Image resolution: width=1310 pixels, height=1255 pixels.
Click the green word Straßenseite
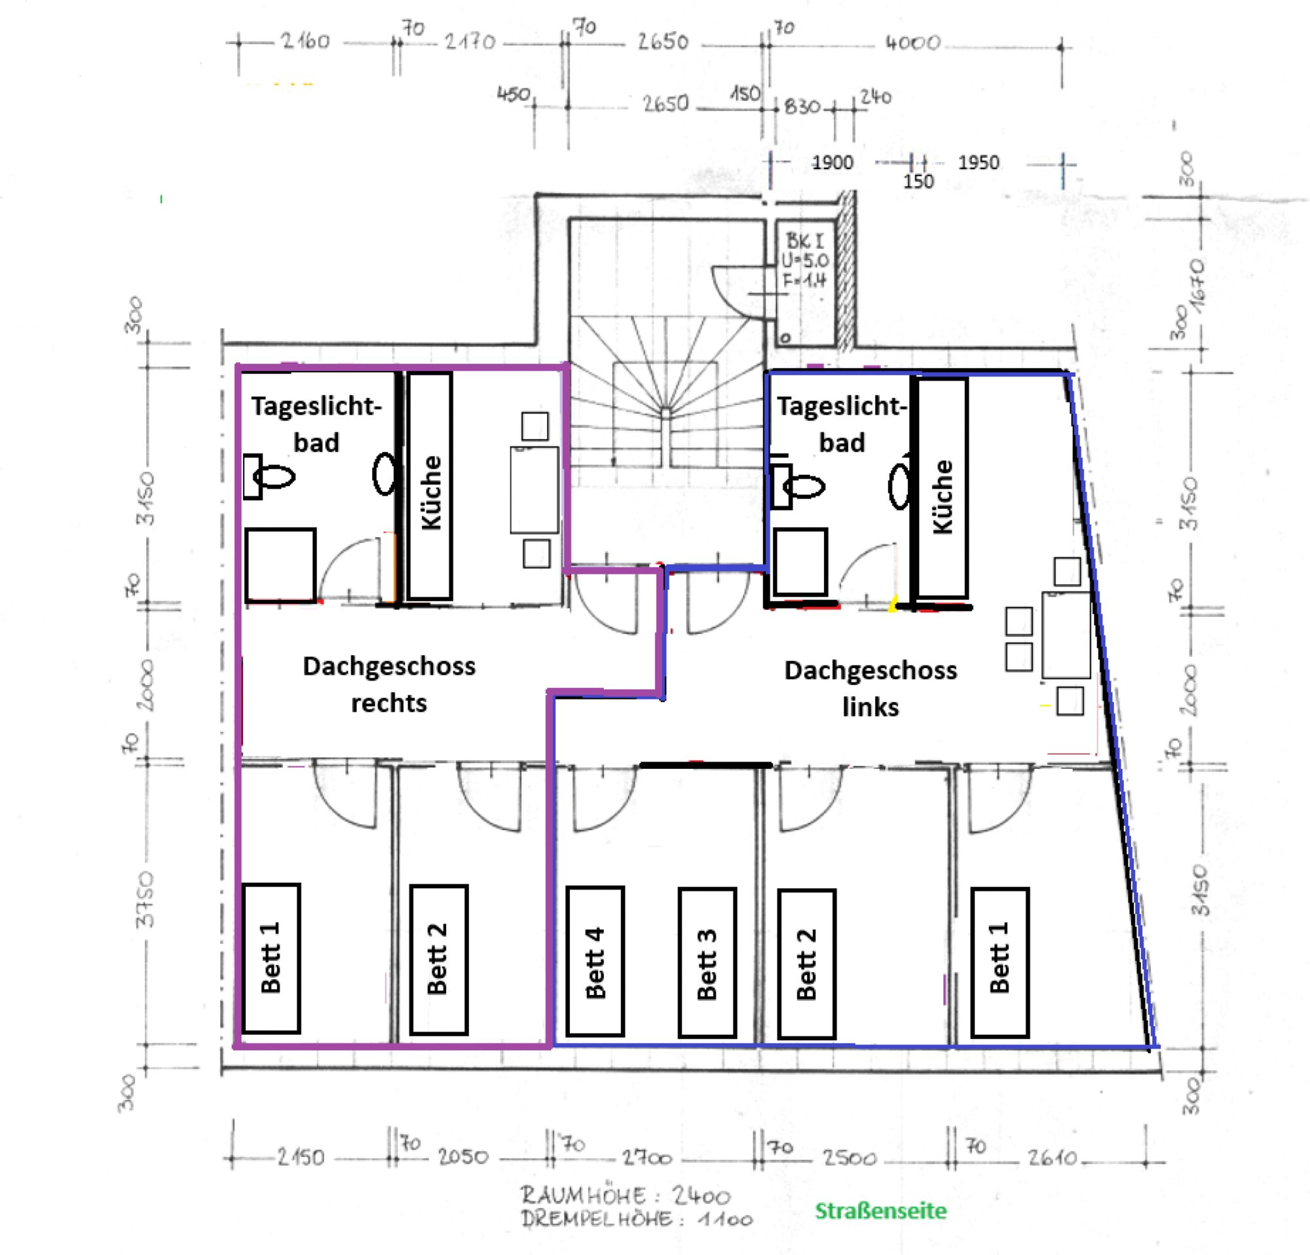880,1210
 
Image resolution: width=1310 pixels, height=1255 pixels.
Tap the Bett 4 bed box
595,962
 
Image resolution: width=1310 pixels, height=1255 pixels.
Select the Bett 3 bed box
707,962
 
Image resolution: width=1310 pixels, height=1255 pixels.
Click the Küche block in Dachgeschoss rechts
430,486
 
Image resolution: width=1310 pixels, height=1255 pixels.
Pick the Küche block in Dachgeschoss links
942,489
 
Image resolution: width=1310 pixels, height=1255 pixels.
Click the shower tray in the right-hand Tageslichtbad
800,561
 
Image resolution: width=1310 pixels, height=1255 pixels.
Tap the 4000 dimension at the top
912,43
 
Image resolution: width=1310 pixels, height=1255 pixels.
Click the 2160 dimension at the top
305,41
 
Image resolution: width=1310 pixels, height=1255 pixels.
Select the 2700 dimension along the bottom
647,1157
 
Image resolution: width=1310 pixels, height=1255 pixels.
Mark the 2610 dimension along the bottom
1053,1157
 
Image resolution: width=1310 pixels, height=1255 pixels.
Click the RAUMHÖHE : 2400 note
626,1195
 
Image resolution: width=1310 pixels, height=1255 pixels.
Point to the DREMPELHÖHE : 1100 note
636,1219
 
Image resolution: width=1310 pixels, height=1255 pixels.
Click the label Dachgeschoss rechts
389,684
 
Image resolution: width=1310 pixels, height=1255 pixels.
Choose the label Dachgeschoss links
870,688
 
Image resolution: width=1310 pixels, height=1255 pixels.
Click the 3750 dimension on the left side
145,899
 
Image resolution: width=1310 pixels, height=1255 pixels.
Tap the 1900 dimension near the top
832,162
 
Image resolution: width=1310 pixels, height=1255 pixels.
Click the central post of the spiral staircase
665,411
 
